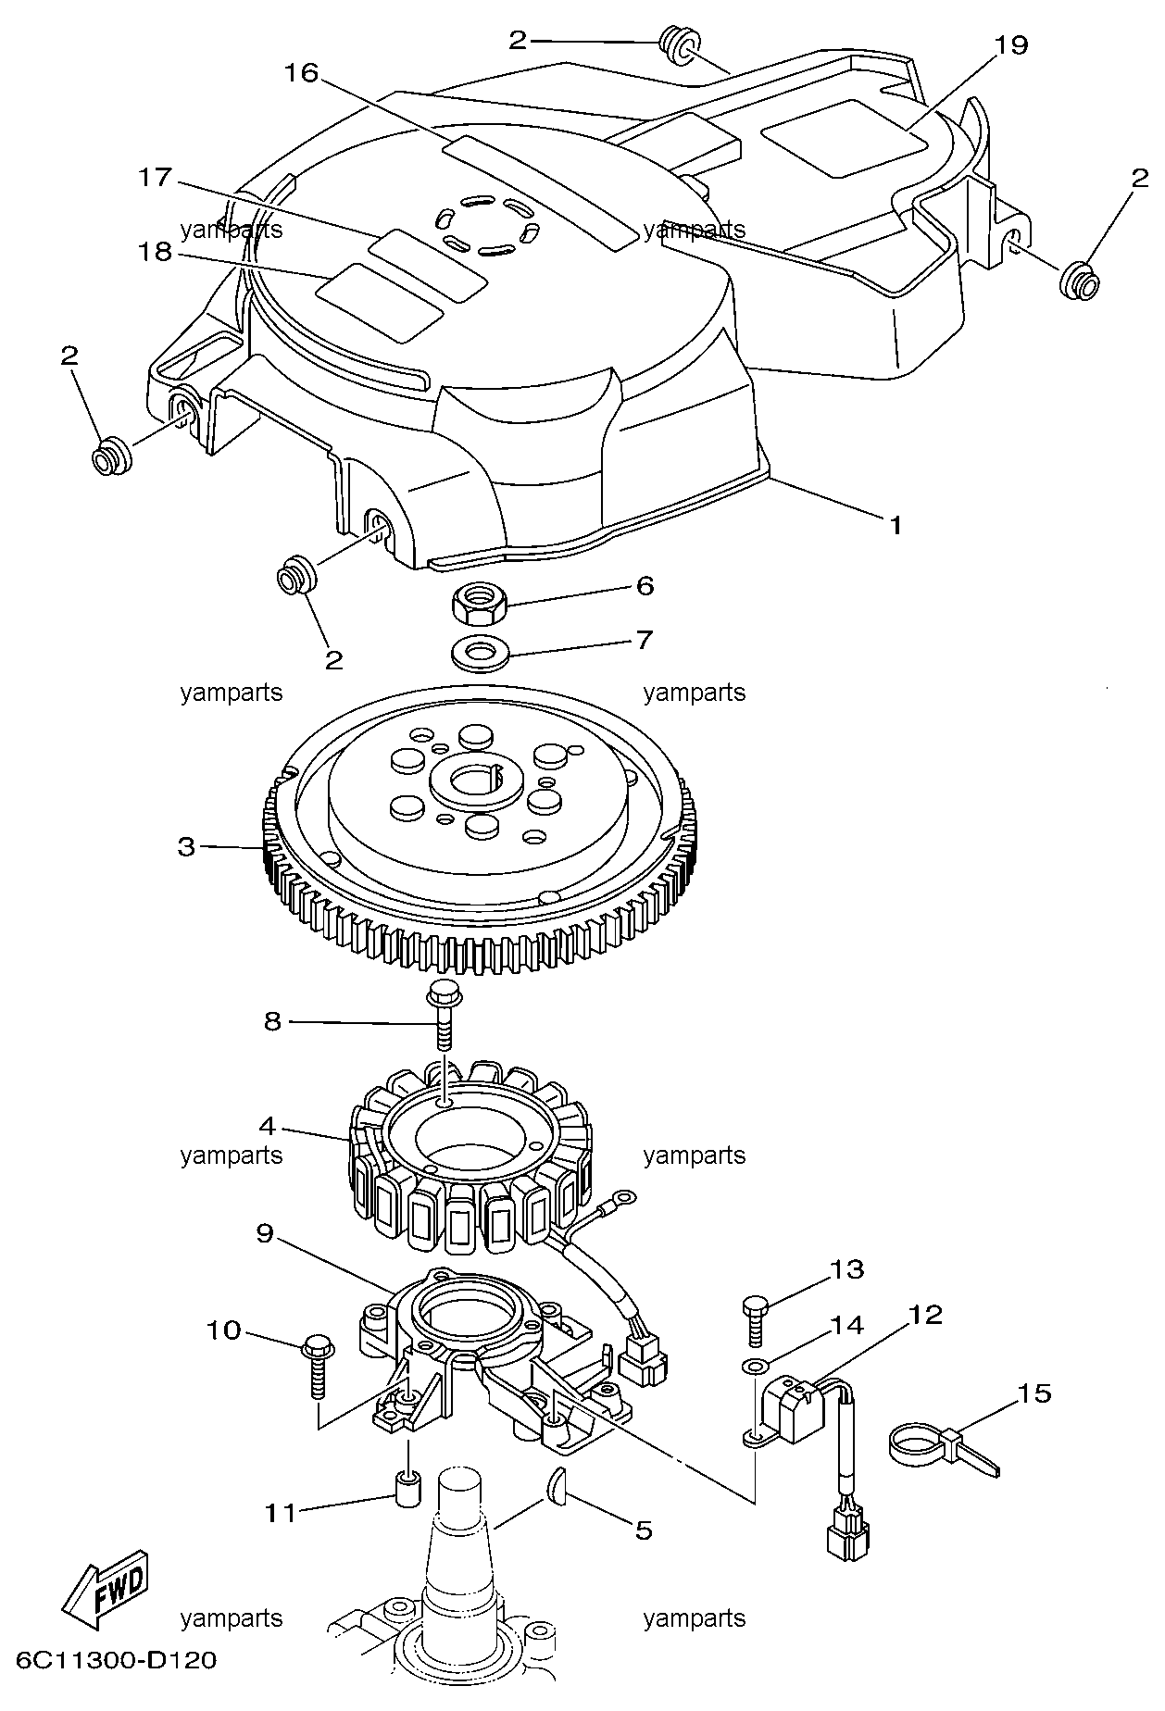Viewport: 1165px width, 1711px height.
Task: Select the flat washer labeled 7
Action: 479,654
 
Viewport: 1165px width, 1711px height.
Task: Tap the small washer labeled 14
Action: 754,1366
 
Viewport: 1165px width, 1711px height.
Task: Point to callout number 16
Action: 301,73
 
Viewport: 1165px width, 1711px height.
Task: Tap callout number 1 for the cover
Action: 896,525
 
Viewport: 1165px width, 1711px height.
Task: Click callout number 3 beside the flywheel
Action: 186,846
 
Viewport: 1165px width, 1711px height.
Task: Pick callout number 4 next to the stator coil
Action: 267,1127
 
